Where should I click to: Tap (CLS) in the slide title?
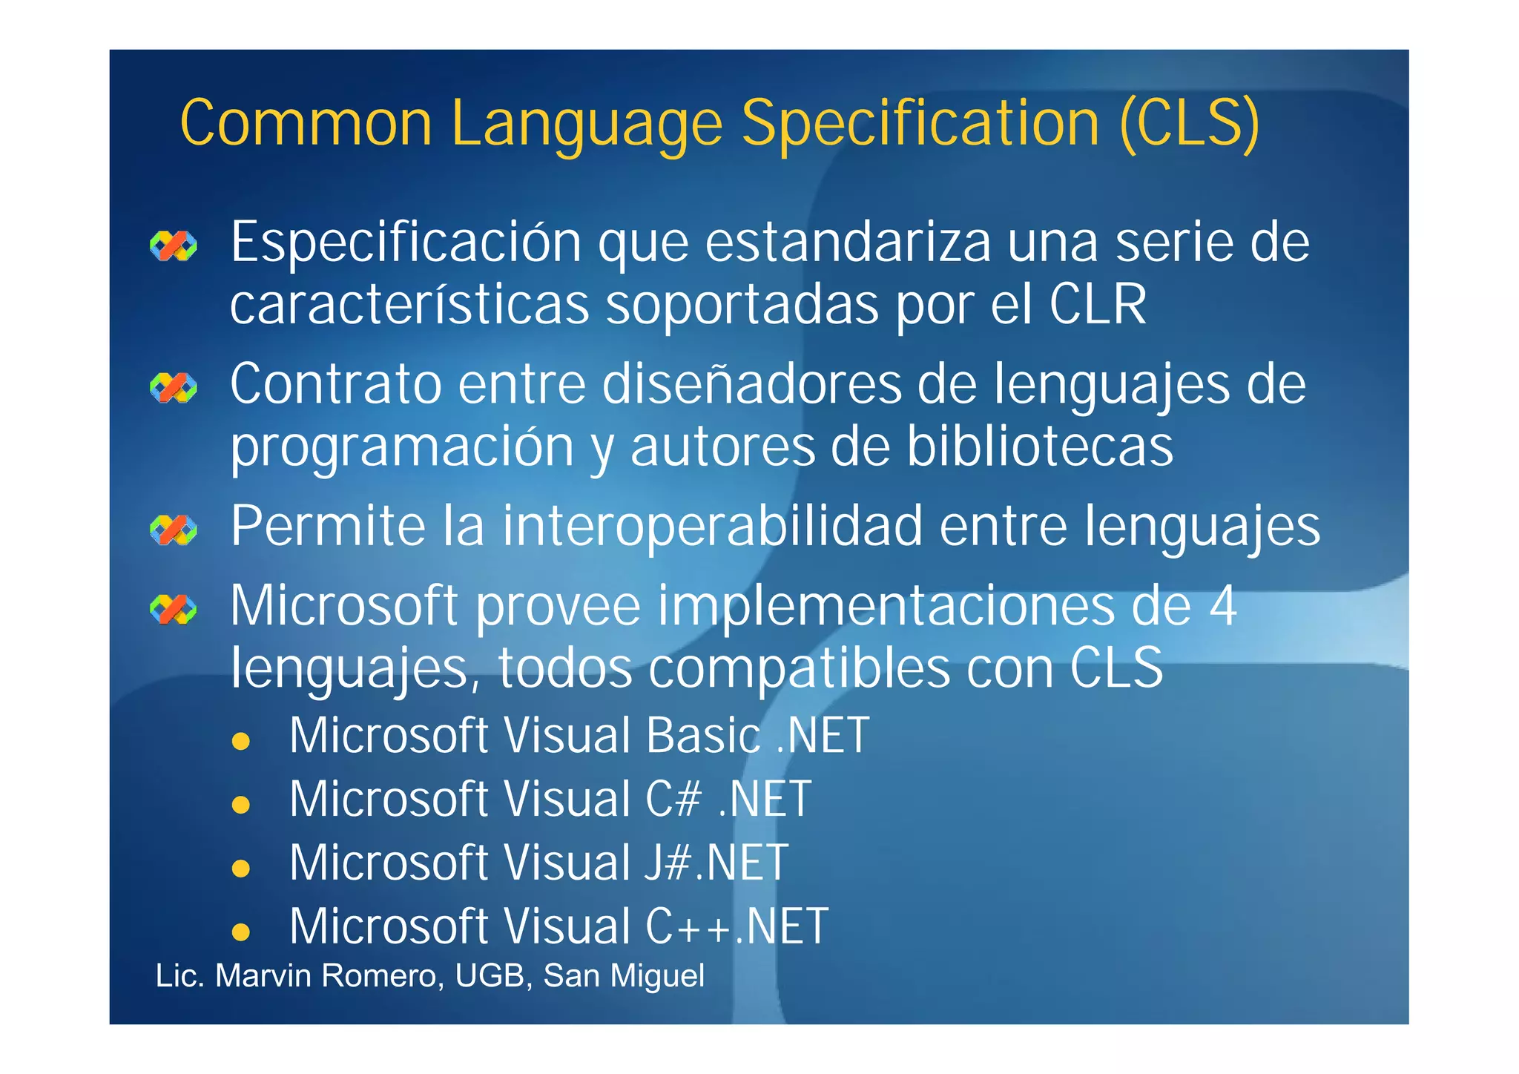[x=1190, y=123]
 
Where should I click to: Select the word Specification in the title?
[x=920, y=123]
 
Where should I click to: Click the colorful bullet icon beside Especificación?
[x=174, y=246]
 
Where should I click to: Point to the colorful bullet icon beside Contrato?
[x=174, y=387]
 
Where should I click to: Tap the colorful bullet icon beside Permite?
[x=174, y=530]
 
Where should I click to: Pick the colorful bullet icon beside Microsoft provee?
[x=174, y=610]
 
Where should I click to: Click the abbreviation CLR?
[x=1098, y=305]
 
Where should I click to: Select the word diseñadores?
[x=752, y=384]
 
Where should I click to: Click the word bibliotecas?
[x=1039, y=447]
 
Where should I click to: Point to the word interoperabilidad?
[x=712, y=526]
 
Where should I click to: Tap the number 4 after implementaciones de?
[x=1223, y=606]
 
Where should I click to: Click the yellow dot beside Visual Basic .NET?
[x=240, y=741]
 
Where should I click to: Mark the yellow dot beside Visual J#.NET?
[x=240, y=868]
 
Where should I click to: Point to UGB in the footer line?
[x=490, y=976]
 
